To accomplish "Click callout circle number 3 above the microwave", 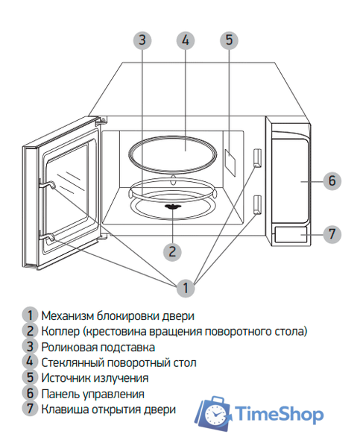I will pyautogui.click(x=142, y=40).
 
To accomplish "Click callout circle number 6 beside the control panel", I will pyautogui.click(x=332, y=180).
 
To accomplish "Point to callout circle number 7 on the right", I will pyautogui.click(x=332, y=233).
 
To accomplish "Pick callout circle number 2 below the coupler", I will pyautogui.click(x=172, y=251).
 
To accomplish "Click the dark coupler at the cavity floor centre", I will pyautogui.click(x=173, y=206).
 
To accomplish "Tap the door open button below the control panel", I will pyautogui.click(x=292, y=236).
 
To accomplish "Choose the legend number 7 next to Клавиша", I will pyautogui.click(x=30, y=409).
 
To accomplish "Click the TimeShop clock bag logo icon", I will pyautogui.click(x=214, y=412).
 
